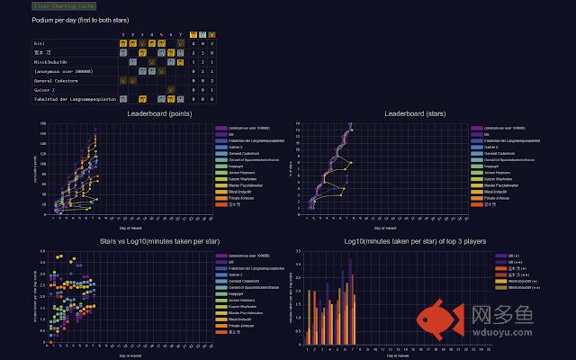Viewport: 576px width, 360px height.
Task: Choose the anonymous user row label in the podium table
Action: pos(64,70)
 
